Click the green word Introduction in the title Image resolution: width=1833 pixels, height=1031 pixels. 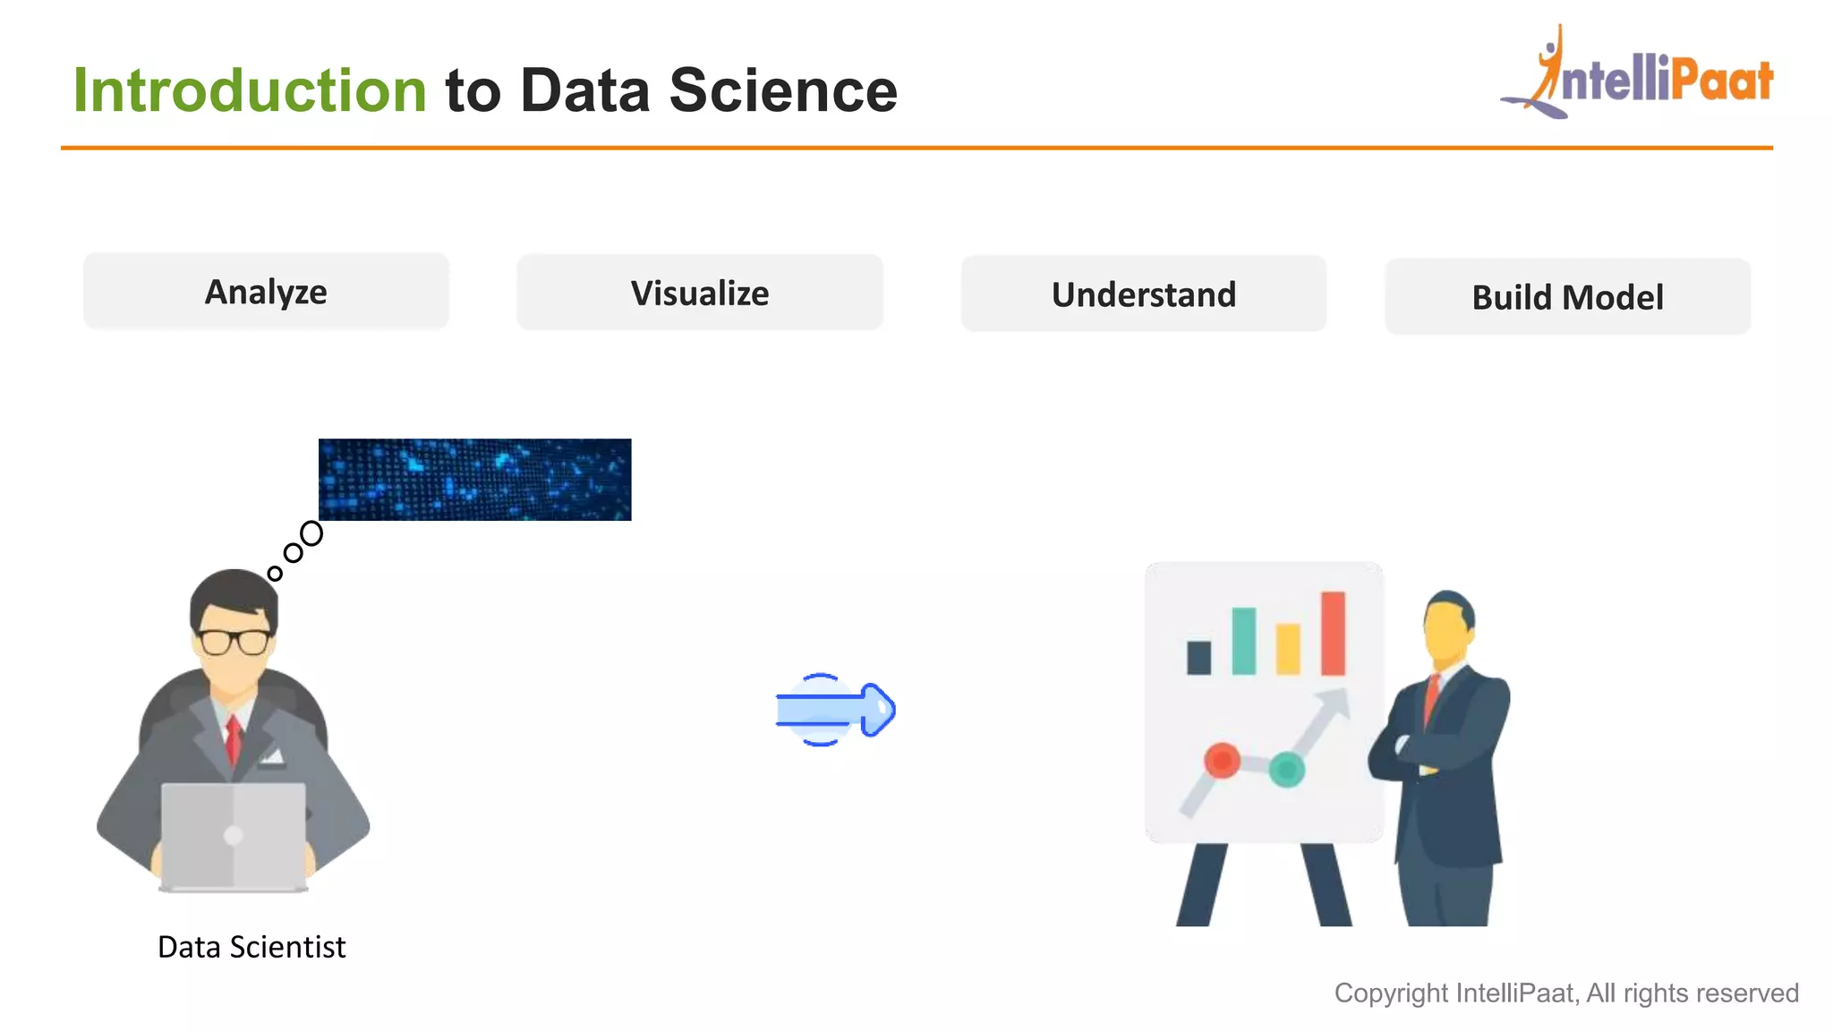250,90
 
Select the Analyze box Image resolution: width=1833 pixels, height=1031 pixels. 266,292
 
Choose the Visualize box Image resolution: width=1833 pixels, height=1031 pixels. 700,294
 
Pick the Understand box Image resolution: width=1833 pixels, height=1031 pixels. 1144,294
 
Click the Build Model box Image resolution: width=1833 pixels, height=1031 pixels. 1567,297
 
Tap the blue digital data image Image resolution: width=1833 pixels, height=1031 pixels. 474,480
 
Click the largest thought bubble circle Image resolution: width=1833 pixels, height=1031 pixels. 311,533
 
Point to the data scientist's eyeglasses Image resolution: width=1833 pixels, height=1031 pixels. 234,641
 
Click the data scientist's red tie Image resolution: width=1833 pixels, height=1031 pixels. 234,738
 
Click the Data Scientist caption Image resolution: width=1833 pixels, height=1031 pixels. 252,947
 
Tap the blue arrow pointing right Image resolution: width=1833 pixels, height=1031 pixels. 835,710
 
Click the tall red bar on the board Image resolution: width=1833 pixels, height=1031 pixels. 1333,633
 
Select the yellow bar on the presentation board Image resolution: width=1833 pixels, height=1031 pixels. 1288,649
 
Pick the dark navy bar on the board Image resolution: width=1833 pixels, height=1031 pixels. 1198,658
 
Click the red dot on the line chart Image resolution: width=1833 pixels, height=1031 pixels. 1222,761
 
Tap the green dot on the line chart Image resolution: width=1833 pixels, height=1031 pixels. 1287,769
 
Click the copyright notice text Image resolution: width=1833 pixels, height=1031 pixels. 1566,993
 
